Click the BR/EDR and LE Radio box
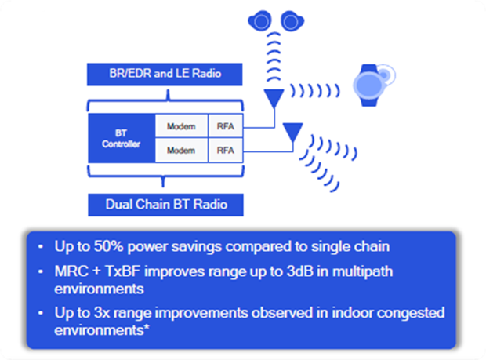point(165,74)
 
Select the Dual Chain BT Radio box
point(166,205)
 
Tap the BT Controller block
point(121,138)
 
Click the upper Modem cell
point(181,126)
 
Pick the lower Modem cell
point(181,151)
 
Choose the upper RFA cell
point(225,126)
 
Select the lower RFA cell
point(225,151)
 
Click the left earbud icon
point(260,20)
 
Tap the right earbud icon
point(292,20)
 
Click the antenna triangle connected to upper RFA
point(274,97)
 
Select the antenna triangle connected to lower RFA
point(293,132)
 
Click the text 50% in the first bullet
point(108,246)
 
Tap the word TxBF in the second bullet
point(123,271)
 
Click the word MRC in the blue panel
point(71,271)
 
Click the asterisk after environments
point(147,327)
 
